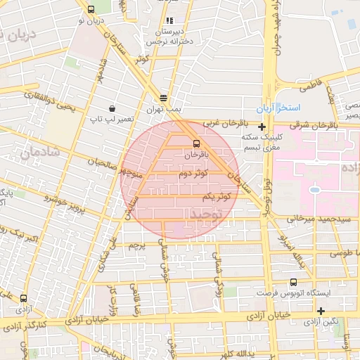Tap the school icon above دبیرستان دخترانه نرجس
[x=171, y=21]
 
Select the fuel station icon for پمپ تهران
[x=163, y=98]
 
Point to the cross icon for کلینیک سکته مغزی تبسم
[x=262, y=127]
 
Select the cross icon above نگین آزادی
[x=321, y=310]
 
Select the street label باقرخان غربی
[x=221, y=123]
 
